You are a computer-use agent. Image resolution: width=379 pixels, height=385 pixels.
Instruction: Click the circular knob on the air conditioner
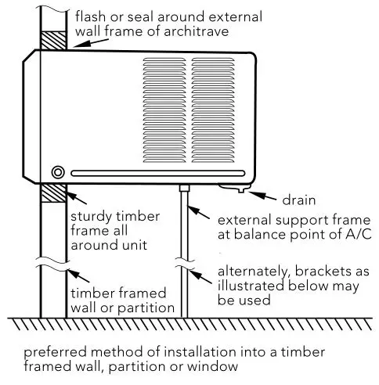57,172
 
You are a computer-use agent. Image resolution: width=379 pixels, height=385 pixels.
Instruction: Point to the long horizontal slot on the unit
157,172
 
